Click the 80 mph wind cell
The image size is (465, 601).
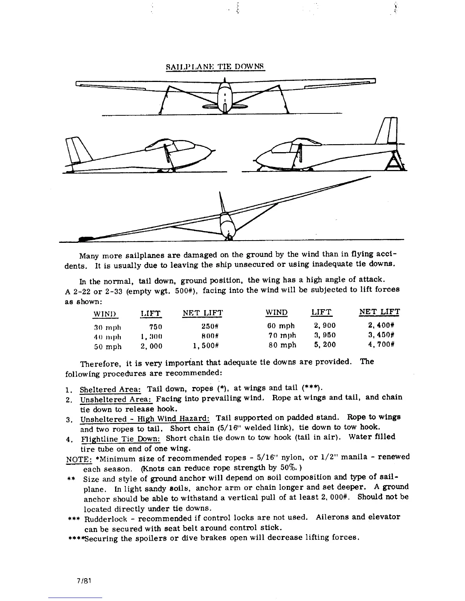(281, 345)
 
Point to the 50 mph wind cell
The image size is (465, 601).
(108, 346)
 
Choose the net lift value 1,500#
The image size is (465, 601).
(207, 346)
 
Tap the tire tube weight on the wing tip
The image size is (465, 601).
(86, 239)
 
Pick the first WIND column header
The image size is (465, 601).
(106, 314)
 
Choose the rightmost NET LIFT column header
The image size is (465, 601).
(379, 312)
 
